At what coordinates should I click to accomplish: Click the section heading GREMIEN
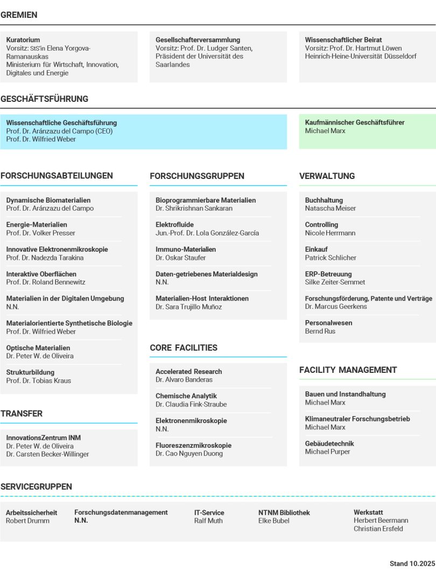(19, 15)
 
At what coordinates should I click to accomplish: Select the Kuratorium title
(23, 40)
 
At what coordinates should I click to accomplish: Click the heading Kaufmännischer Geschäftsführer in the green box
(355, 122)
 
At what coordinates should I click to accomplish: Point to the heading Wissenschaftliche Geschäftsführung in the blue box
(61, 123)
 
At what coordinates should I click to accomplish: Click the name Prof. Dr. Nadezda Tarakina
(45, 258)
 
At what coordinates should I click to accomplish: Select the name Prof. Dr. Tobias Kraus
(39, 380)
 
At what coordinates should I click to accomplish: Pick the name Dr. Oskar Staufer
(181, 258)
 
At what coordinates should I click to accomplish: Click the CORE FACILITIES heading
(184, 348)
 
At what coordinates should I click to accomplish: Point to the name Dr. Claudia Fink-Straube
(191, 404)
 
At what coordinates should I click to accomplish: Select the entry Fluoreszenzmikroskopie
(193, 446)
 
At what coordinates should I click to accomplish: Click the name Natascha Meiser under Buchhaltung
(330, 209)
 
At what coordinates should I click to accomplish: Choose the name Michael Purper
(327, 452)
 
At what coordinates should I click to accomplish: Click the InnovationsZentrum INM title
(44, 438)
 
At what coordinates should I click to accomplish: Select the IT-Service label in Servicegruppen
(209, 512)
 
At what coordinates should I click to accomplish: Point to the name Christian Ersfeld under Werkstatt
(378, 529)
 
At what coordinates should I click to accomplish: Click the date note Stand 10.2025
(412, 564)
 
